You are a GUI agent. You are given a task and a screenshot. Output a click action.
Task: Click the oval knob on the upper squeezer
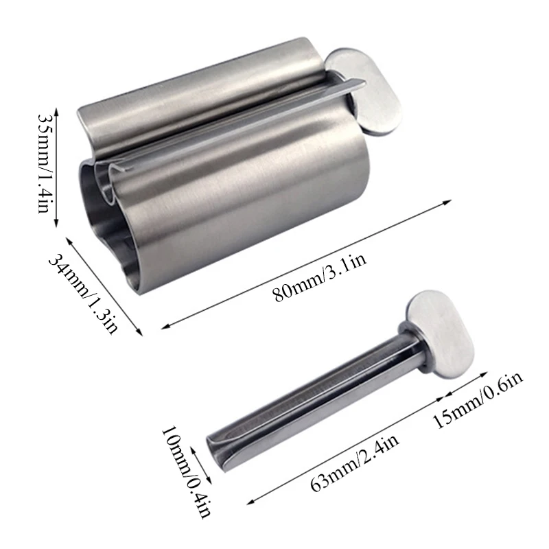coord(364,89)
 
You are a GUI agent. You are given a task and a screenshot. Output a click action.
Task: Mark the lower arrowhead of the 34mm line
coord(141,335)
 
